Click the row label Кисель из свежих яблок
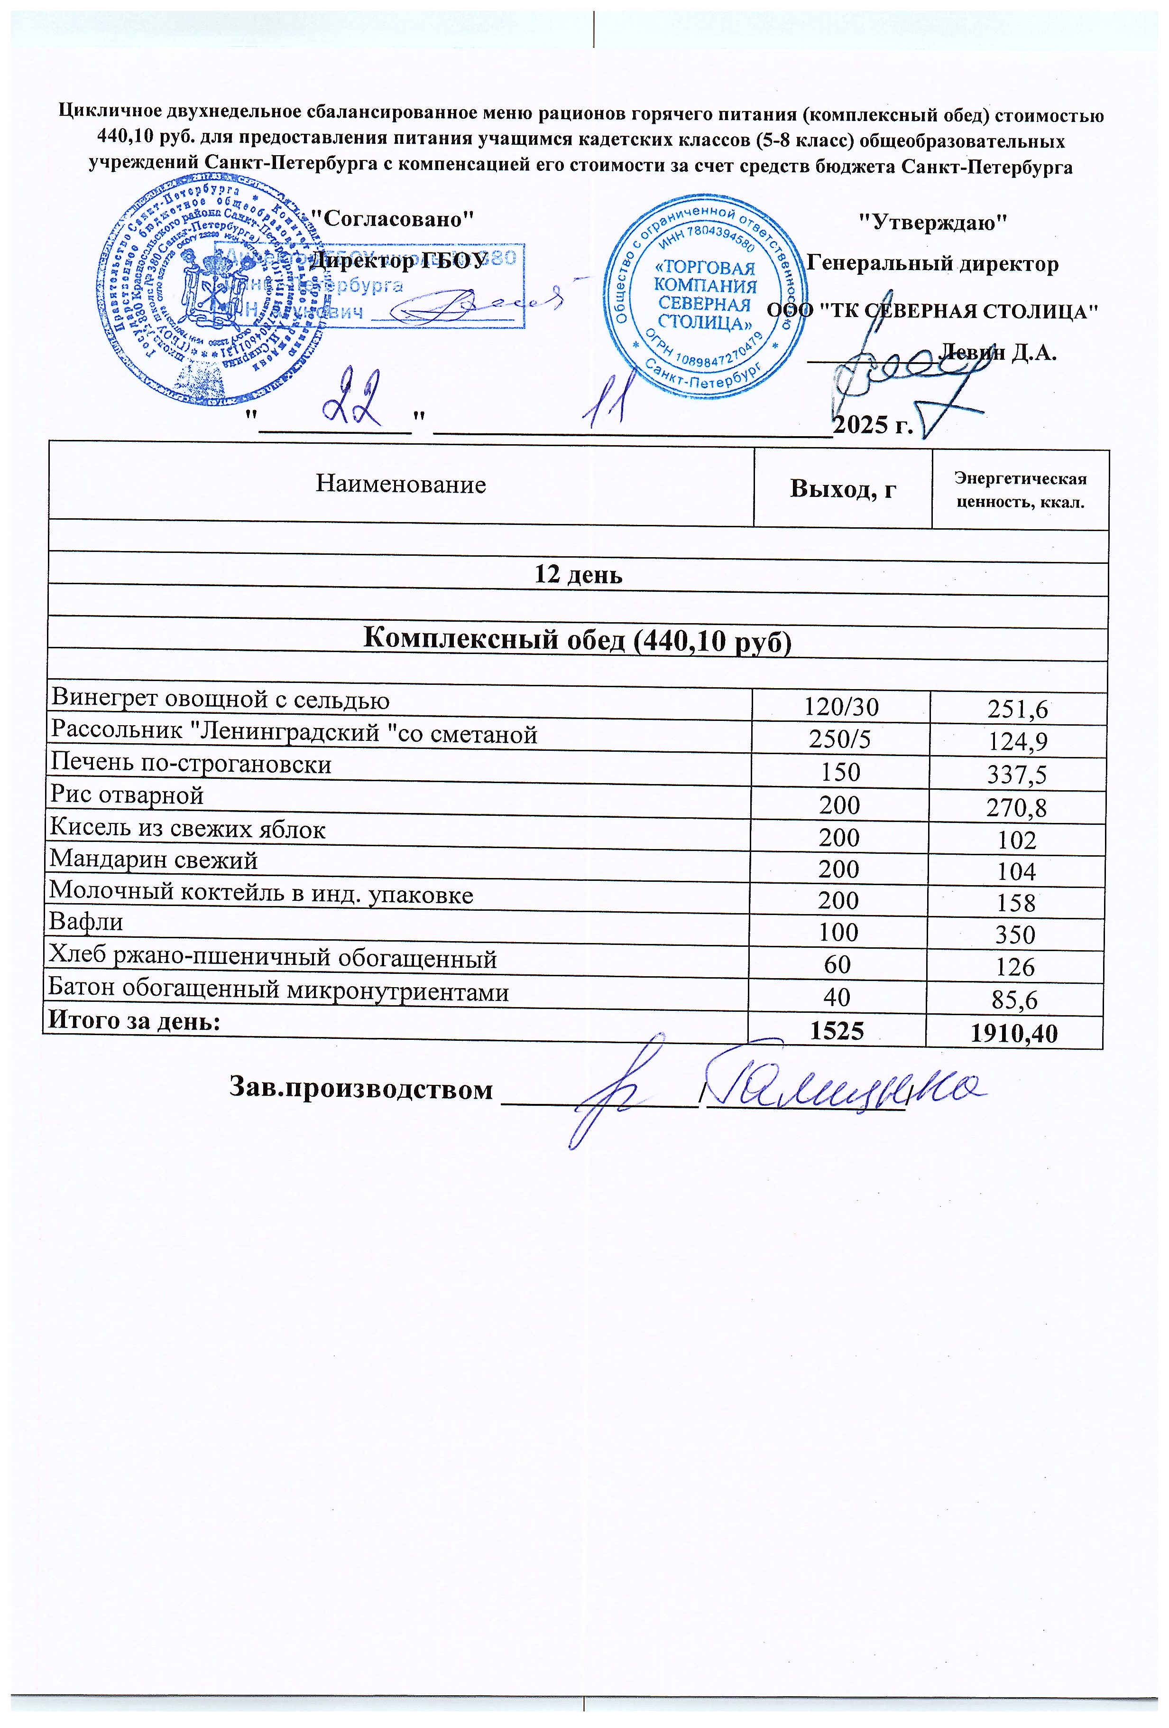tap(187, 828)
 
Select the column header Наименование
tap(401, 484)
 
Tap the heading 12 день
tap(578, 575)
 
